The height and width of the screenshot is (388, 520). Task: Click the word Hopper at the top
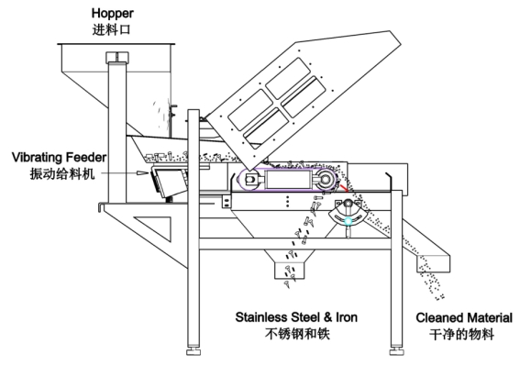[113, 14]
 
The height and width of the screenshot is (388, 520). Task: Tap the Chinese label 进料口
[112, 30]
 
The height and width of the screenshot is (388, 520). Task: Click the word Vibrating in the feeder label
[38, 158]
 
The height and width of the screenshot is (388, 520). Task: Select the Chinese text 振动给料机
[62, 173]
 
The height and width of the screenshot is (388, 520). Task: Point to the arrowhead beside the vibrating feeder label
[142, 172]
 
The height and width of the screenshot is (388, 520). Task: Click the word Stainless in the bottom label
[261, 317]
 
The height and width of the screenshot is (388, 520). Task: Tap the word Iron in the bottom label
[347, 317]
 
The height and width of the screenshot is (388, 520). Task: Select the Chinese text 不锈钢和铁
[297, 334]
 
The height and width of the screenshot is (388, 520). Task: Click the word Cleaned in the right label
[437, 317]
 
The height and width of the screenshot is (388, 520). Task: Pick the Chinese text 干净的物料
[461, 334]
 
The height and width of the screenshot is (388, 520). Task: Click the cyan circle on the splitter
[348, 221]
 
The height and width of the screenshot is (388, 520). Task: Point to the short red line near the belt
[344, 188]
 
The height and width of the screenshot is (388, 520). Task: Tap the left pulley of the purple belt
[249, 180]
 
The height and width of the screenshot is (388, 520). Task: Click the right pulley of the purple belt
[326, 179]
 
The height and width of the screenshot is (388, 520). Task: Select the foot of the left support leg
[194, 351]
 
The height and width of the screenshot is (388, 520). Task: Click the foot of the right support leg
[396, 351]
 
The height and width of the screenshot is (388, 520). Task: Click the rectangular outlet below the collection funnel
[290, 271]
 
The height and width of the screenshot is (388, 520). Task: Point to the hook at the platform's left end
[101, 207]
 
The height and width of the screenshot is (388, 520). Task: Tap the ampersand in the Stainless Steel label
[327, 317]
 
